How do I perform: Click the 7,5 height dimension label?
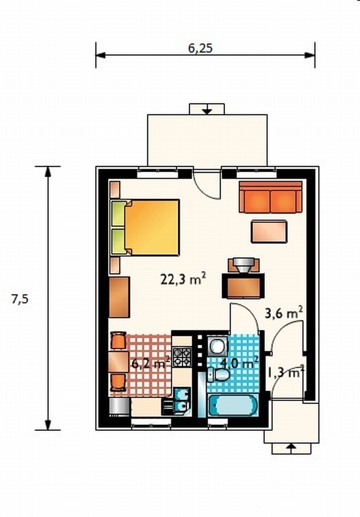click(x=20, y=299)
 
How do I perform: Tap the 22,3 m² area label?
click(x=183, y=279)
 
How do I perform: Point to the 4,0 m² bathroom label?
click(x=239, y=363)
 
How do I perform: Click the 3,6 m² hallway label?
click(x=284, y=313)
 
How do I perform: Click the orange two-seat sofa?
click(x=271, y=197)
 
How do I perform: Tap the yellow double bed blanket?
click(x=152, y=227)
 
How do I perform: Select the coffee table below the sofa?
click(x=269, y=231)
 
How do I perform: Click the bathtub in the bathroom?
click(x=233, y=405)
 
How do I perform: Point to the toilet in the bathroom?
click(x=218, y=375)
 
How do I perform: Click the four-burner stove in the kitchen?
click(x=182, y=357)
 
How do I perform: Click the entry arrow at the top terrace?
click(x=206, y=109)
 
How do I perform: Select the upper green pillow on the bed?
click(x=119, y=214)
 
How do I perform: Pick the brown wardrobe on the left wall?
click(x=119, y=297)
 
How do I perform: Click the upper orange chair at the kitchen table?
click(x=118, y=340)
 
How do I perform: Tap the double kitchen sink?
click(x=181, y=400)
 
